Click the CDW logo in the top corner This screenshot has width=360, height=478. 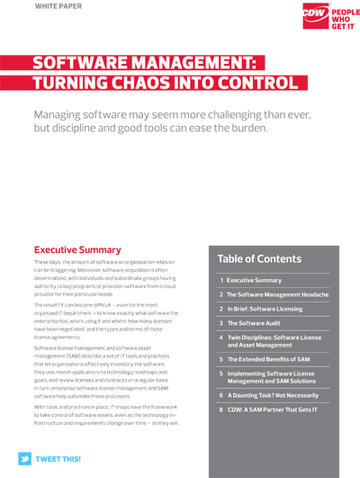[x=303, y=15]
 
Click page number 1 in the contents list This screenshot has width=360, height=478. [x=221, y=281]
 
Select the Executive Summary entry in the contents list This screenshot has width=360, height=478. [x=254, y=281]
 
